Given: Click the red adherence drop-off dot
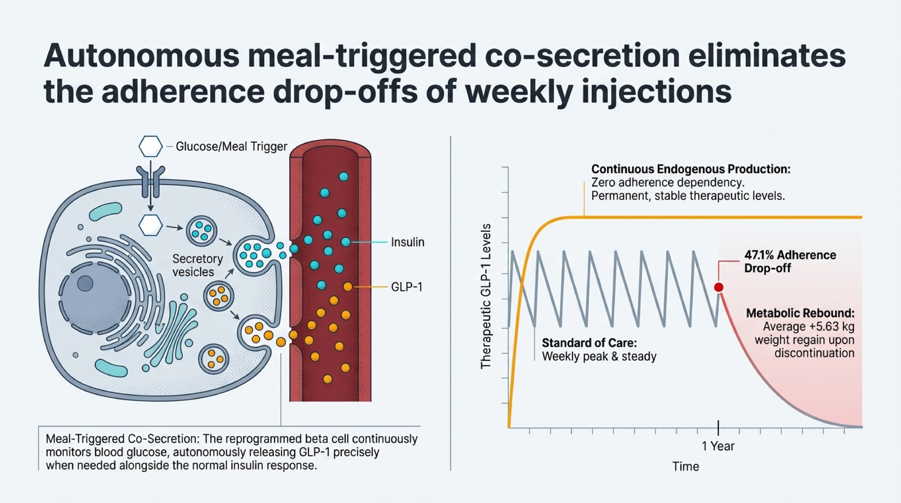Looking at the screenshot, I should pos(718,287).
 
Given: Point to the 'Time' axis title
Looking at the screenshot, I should pos(686,466).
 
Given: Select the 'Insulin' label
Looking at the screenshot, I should pos(407,242).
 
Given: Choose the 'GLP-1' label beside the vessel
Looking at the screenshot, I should pos(407,287).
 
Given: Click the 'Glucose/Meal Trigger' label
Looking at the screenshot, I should pos(231,146).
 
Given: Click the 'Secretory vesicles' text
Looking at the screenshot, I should pos(197,265).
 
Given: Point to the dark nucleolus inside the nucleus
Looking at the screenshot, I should pos(85,283).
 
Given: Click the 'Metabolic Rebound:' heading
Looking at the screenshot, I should pos(800,313).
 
